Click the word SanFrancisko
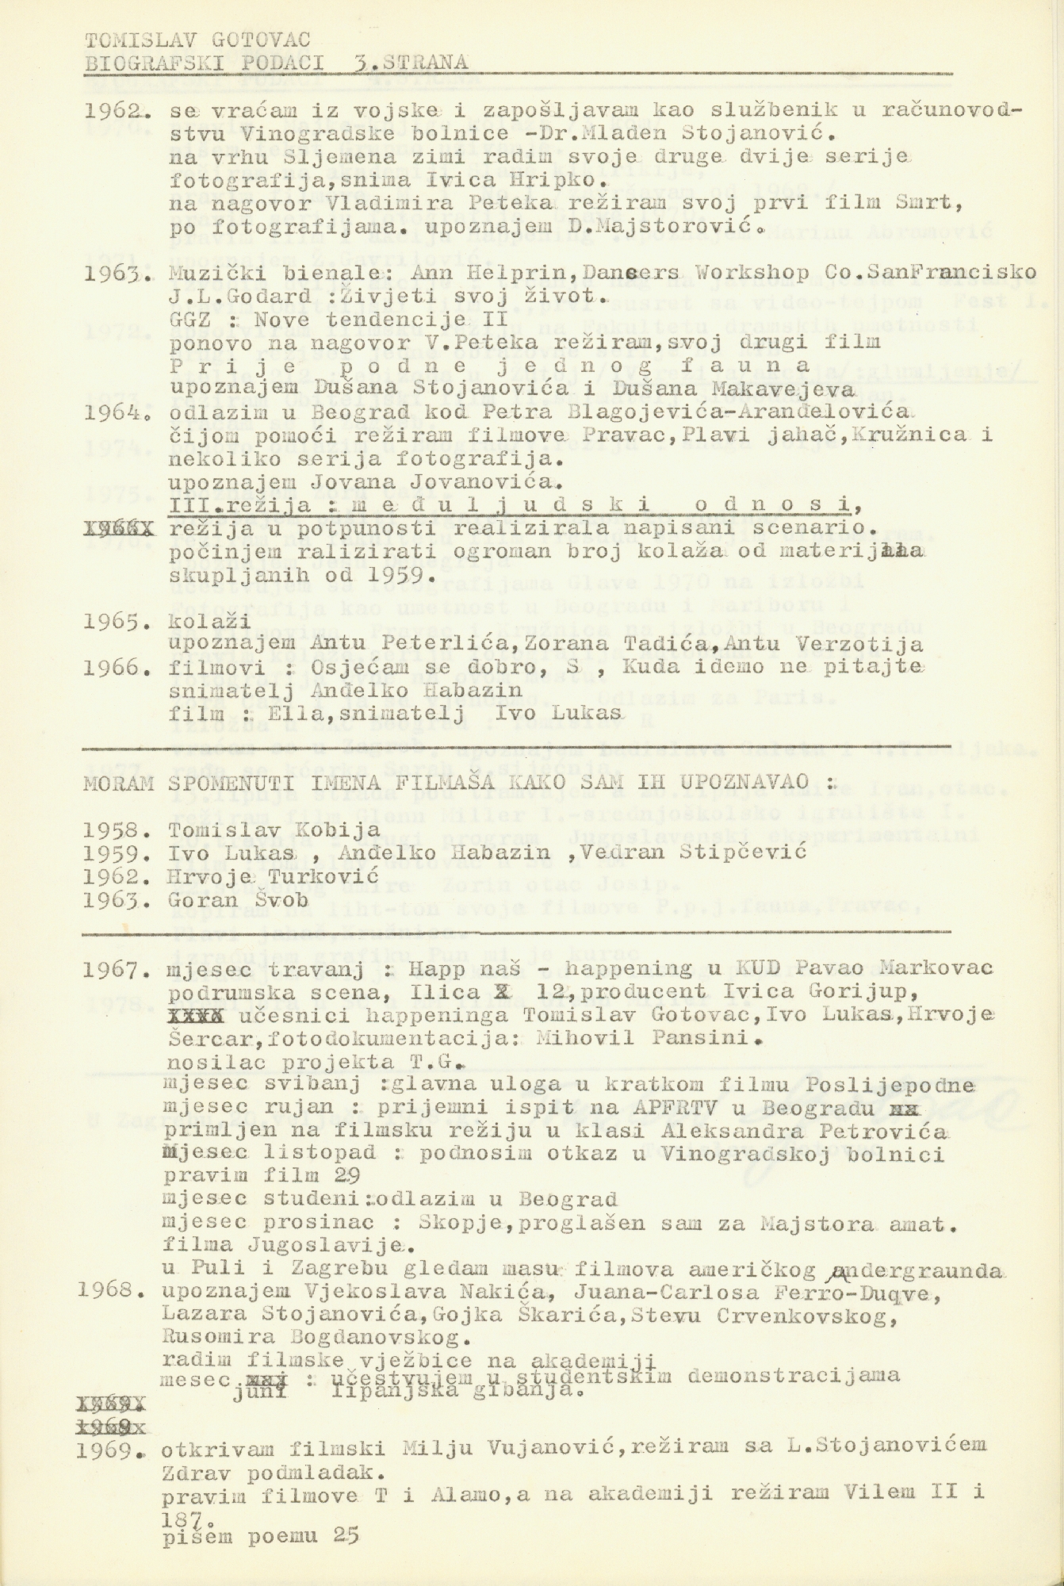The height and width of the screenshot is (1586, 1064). (974, 274)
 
